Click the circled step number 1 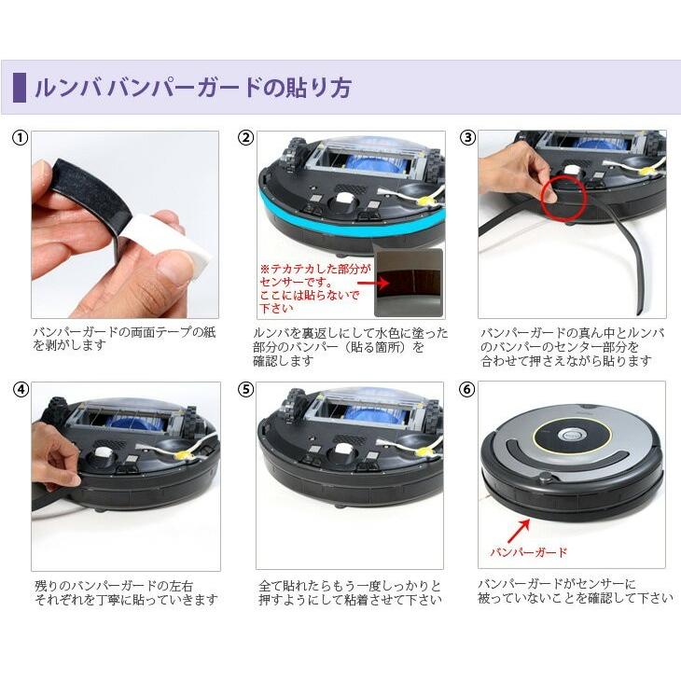click(20, 139)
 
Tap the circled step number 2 click(246, 138)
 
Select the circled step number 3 click(467, 138)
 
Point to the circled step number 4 click(21, 390)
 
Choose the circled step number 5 click(246, 390)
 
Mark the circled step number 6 click(467, 389)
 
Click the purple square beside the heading click(20, 88)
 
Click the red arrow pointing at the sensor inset click(373, 284)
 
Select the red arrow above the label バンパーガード click(519, 531)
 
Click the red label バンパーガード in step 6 click(529, 552)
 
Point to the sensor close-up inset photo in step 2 click(409, 283)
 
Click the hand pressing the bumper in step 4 click(54, 457)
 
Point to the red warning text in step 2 click(315, 288)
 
